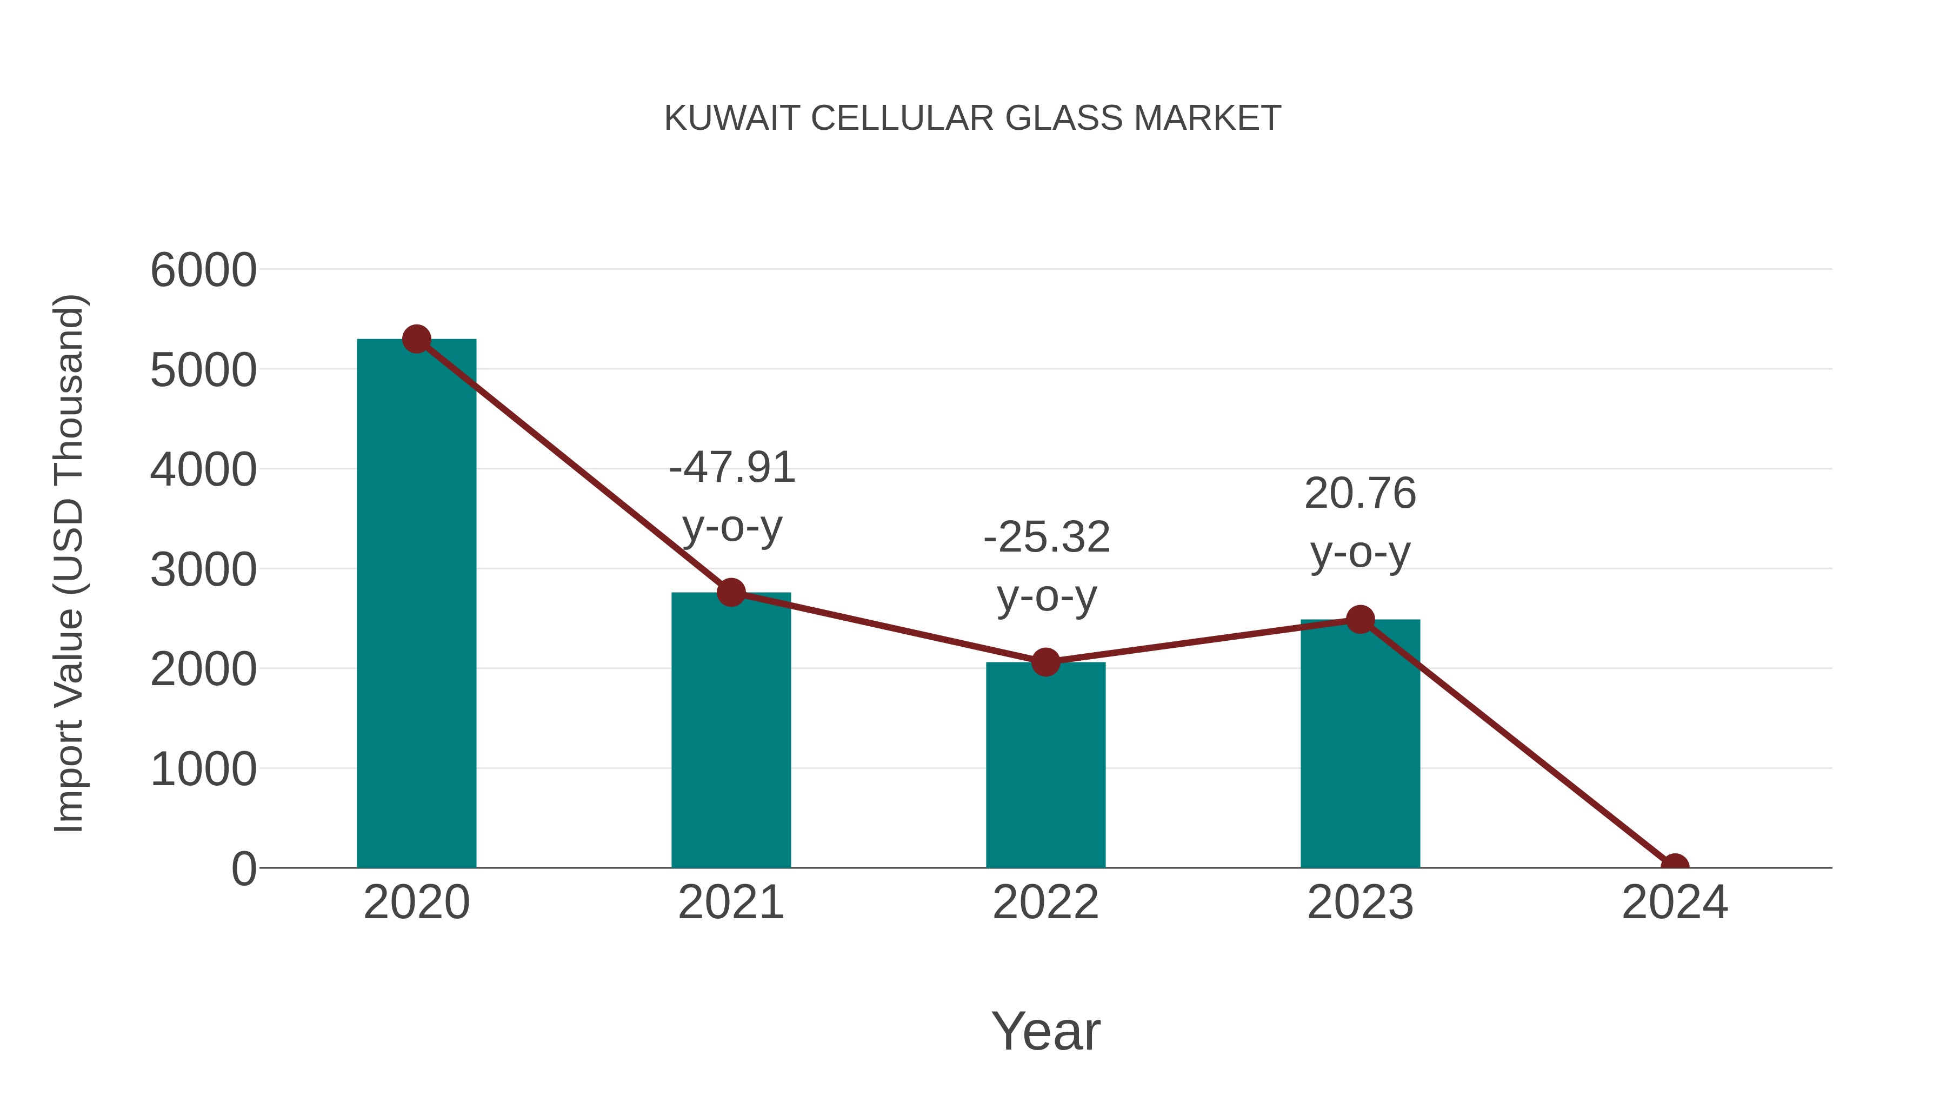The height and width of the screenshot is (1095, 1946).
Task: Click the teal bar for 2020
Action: point(416,605)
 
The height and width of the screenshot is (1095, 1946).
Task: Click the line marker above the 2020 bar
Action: point(416,339)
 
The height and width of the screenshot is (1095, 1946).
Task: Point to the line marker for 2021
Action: point(730,593)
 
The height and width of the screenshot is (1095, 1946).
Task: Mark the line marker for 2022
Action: point(1045,662)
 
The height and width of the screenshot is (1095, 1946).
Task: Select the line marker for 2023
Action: point(1360,620)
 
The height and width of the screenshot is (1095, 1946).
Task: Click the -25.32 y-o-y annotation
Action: point(1047,566)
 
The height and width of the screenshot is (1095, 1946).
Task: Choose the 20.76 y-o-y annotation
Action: point(1360,522)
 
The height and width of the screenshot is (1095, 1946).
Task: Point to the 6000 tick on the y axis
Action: point(203,270)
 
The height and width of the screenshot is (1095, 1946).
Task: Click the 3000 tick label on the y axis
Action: point(203,570)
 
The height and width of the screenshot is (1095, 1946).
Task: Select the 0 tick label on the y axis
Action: point(243,868)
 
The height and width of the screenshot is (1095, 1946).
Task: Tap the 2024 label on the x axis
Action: point(1674,902)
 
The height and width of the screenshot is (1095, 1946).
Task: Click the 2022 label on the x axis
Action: point(1045,902)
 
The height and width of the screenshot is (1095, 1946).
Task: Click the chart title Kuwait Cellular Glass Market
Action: point(972,118)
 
